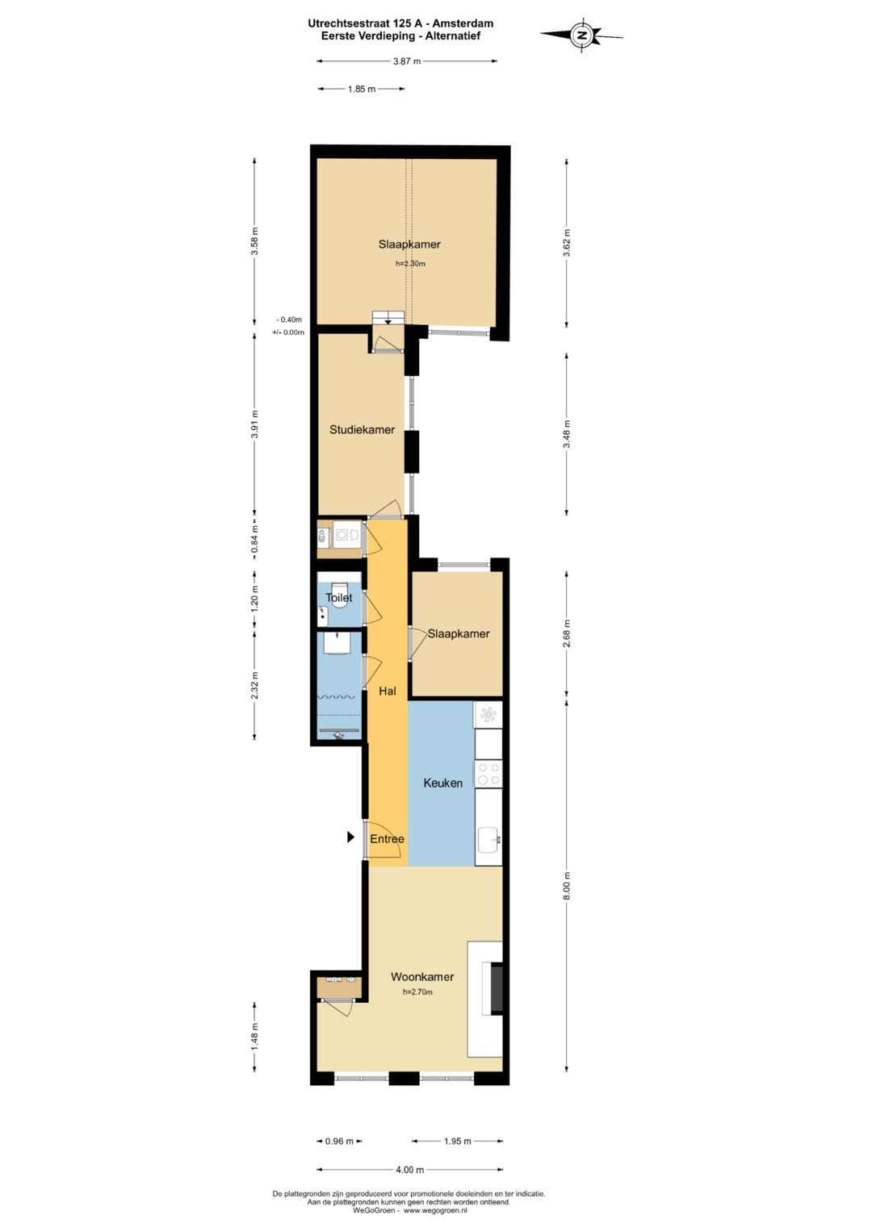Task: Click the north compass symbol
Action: pyautogui.click(x=581, y=35)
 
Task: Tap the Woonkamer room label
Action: pyautogui.click(x=422, y=977)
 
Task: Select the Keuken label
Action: pyautogui.click(x=442, y=783)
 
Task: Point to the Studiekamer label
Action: pyautogui.click(x=362, y=429)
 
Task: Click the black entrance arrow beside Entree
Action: pyautogui.click(x=350, y=837)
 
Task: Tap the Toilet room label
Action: pyautogui.click(x=338, y=597)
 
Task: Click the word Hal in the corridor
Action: pyautogui.click(x=387, y=691)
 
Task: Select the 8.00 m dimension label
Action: pyautogui.click(x=567, y=886)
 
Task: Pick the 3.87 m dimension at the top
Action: pyautogui.click(x=407, y=61)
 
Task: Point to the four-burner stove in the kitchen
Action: pyautogui.click(x=488, y=774)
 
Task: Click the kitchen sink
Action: pyautogui.click(x=488, y=839)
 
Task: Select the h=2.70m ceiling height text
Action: pyautogui.click(x=418, y=992)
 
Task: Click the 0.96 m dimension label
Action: pyautogui.click(x=339, y=1142)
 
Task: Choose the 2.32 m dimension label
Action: pyautogui.click(x=254, y=685)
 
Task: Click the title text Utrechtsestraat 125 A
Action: pyautogui.click(x=368, y=23)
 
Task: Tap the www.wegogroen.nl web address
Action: pyautogui.click(x=435, y=1210)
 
